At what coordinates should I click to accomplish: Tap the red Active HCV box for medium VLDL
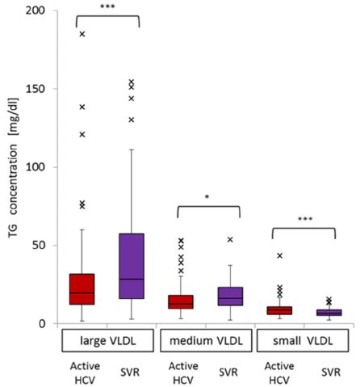coord(181,301)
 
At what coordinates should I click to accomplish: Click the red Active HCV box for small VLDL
coord(279,310)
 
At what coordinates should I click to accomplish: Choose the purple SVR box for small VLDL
coord(328,313)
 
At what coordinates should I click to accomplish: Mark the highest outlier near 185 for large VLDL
coord(82,35)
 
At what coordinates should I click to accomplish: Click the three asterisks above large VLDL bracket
coord(107,7)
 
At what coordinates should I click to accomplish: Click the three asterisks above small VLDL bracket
coord(303,219)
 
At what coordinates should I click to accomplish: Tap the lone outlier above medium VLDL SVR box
coord(230,240)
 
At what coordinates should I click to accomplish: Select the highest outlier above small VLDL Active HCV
coord(279,256)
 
